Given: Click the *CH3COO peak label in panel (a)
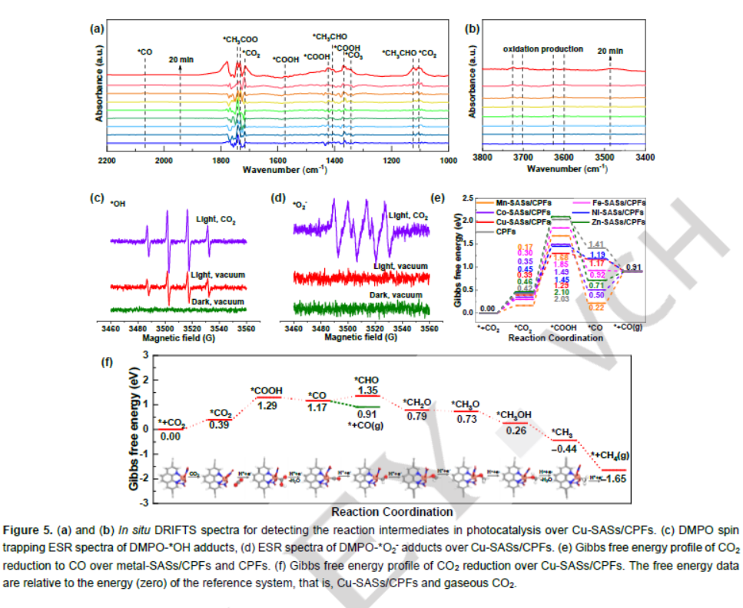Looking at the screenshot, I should [x=240, y=40].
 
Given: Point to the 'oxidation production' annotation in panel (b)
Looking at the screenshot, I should [x=543, y=49].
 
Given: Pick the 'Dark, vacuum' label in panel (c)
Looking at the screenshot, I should [x=214, y=302].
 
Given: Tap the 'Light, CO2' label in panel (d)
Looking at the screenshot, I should [x=408, y=216].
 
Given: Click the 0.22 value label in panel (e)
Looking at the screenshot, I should [x=595, y=307].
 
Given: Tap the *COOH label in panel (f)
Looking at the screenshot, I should [x=266, y=390].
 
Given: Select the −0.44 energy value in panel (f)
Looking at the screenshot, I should [x=566, y=448].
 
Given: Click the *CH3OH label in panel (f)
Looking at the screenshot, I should [x=515, y=416].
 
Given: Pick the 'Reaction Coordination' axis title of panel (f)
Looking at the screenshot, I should [x=391, y=511].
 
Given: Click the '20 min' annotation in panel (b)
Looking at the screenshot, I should [x=610, y=51].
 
